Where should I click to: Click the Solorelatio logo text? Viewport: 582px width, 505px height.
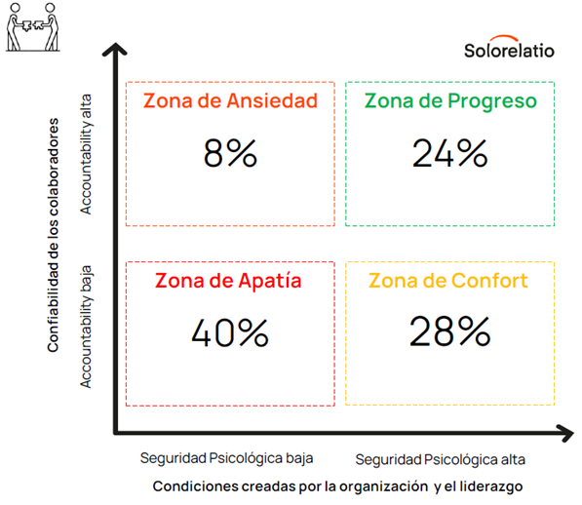[509, 51]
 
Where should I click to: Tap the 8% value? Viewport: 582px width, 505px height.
[230, 153]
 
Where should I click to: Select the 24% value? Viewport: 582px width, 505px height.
[449, 153]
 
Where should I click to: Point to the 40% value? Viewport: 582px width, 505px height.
[230, 332]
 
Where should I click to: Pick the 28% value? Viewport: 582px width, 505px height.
[449, 331]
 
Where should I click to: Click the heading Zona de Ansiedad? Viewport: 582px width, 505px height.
[230, 100]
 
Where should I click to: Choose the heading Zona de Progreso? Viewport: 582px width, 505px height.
[450, 101]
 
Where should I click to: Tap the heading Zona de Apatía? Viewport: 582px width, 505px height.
[228, 280]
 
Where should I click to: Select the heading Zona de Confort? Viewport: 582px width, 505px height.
[448, 281]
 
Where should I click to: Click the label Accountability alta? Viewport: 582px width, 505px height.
[86, 154]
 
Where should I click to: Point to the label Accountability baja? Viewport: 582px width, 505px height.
[86, 327]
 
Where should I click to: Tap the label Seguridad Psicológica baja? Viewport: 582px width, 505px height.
[226, 458]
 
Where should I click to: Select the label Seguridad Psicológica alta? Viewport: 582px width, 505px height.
[441, 460]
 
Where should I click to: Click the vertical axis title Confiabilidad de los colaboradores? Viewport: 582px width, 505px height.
[53, 235]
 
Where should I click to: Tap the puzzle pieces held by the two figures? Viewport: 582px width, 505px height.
[32, 25]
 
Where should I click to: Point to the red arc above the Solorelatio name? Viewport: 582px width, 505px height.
[504, 38]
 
